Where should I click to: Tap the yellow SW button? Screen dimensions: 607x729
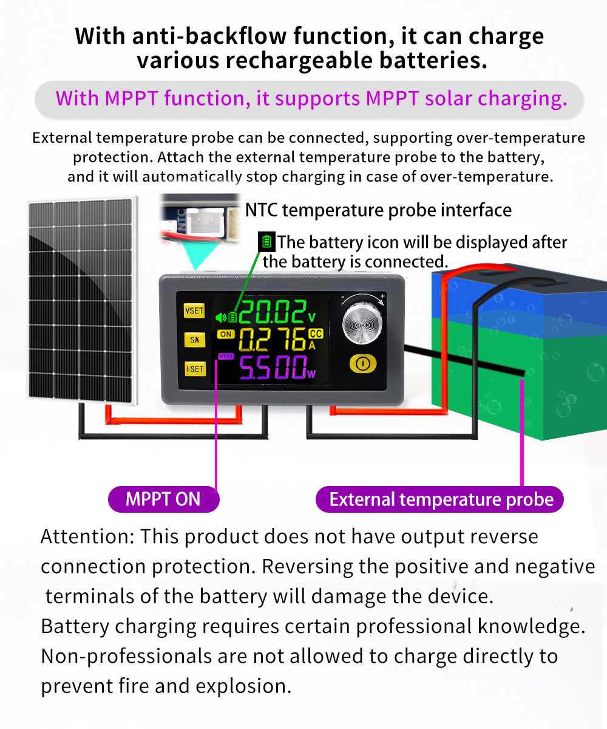tap(195, 340)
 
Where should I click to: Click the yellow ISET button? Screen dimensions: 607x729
tap(195, 369)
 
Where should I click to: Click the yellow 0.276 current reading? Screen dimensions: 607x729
tap(273, 339)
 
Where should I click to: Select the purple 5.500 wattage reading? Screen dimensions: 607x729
tap(273, 368)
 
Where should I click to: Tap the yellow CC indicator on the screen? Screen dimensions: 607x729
tap(316, 334)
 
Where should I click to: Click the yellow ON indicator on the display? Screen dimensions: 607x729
tap(226, 334)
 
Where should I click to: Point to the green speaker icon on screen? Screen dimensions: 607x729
tap(221, 317)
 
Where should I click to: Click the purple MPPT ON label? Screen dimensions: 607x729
tap(164, 499)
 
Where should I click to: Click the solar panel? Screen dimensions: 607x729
tap(83, 301)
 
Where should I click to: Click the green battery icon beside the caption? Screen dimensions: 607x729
tap(267, 242)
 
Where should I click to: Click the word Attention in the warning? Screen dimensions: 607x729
tap(87, 536)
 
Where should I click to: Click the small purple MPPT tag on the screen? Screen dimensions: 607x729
tap(226, 356)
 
